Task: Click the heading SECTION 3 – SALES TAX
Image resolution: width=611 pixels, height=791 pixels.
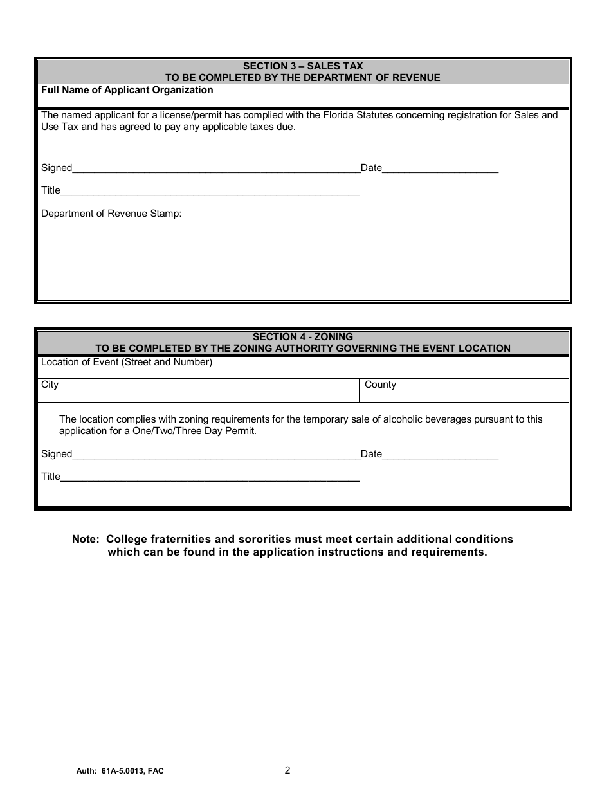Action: coord(303,66)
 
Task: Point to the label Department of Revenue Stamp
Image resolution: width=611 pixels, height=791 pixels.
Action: coord(111,214)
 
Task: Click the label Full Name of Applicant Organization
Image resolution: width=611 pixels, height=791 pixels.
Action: coord(127,90)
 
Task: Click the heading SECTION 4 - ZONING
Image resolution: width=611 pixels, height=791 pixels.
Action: coord(303,337)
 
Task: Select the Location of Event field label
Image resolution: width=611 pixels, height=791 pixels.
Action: coord(126,362)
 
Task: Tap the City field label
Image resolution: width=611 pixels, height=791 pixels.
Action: coord(50,385)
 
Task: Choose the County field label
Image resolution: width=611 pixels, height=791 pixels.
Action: coord(380,385)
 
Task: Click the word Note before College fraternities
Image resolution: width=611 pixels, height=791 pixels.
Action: coord(85,539)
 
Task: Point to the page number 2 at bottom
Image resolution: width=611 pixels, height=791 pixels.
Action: coord(287,770)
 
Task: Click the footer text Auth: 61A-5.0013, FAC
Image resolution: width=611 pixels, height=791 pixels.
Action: coord(120,771)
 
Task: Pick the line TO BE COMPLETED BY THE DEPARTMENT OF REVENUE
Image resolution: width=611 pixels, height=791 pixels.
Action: coord(303,78)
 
